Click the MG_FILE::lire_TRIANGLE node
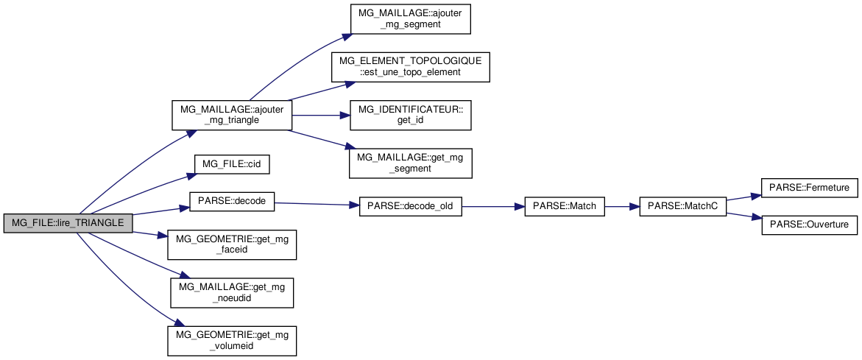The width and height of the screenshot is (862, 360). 68,224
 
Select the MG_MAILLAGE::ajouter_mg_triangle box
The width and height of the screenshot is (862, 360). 231,115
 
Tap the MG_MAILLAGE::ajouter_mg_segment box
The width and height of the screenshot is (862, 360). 409,19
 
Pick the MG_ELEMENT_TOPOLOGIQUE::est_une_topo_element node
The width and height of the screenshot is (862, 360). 409,67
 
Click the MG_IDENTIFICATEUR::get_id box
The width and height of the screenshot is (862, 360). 409,115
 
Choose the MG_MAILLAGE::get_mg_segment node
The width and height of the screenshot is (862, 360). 409,163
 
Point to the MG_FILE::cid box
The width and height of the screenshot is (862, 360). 232,163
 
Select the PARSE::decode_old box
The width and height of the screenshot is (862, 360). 410,207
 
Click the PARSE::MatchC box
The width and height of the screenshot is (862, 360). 683,208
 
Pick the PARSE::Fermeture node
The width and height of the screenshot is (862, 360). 809,188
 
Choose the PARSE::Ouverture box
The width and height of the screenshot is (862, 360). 809,225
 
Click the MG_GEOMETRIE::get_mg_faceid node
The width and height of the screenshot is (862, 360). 232,244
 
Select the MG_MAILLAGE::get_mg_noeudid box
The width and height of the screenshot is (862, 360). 232,292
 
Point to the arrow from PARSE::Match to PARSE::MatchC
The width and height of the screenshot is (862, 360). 622,208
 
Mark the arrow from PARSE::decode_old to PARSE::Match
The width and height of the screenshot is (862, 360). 492,208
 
